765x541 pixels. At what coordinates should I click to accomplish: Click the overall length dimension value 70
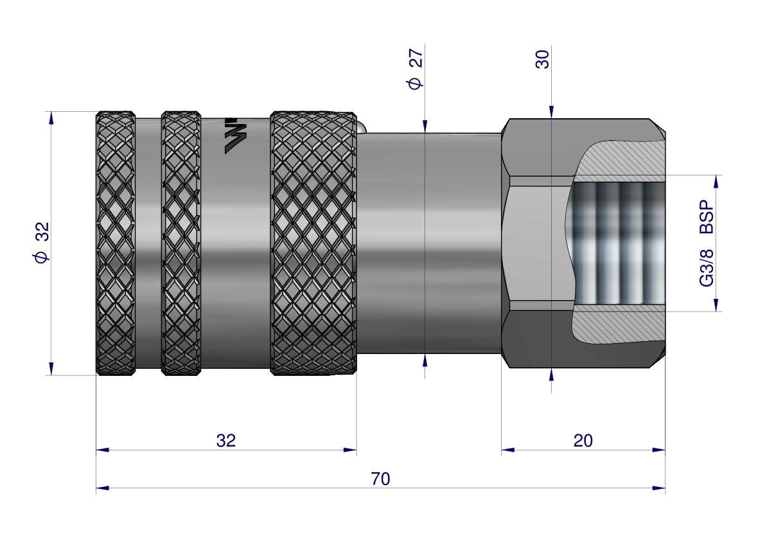coord(380,479)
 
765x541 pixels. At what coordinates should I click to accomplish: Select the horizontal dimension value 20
coord(583,441)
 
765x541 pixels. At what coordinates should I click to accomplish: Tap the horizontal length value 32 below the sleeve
coord(226,441)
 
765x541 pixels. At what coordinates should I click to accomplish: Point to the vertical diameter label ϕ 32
coord(42,242)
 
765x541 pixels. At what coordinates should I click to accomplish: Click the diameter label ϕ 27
coord(415,68)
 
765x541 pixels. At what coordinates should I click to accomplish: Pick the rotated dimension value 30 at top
coord(543,59)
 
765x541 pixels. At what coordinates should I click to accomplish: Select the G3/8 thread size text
coord(707,267)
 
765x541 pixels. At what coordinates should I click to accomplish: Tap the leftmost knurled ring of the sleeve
coord(115,243)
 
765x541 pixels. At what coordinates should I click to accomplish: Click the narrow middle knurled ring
coord(180,243)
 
